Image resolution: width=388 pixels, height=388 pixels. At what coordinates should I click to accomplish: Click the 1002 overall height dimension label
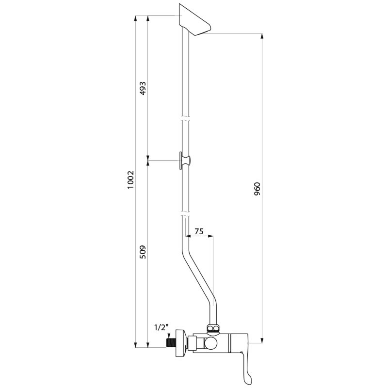130,180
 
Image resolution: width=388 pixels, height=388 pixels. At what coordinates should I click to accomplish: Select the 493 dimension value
143,89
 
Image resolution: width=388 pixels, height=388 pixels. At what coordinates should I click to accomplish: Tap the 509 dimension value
143,252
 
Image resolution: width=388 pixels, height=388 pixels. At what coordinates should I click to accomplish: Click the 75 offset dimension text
198,232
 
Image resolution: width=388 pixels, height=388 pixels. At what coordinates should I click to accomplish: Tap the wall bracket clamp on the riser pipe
185,160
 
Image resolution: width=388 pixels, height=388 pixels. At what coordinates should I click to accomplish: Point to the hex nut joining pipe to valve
213,328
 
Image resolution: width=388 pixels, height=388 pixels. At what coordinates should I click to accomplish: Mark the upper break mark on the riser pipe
184,118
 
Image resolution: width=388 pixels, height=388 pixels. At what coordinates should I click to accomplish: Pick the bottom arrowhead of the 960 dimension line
262,339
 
